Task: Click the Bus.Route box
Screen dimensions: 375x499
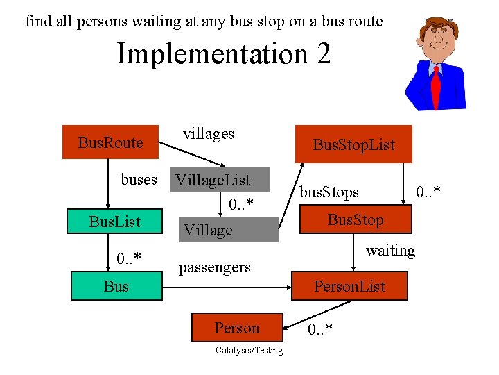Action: tap(111, 142)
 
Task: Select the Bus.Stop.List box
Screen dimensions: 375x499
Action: tap(353, 144)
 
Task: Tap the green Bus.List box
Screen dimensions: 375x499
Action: tap(114, 222)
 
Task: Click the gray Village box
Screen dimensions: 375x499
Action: tap(229, 230)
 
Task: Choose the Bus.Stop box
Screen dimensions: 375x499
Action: tap(356, 220)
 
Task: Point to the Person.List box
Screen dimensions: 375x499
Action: tap(350, 285)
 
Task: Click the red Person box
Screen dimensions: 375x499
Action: tap(237, 328)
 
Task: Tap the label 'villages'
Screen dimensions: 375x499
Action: tap(208, 133)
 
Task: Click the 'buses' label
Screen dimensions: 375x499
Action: tap(139, 180)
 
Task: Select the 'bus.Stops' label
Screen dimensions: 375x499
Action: tap(329, 191)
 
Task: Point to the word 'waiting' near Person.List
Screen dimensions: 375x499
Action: tap(390, 250)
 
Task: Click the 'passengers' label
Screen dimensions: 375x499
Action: tap(215, 267)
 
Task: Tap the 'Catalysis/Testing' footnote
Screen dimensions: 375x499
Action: tap(249, 350)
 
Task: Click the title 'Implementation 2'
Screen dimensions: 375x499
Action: tap(223, 53)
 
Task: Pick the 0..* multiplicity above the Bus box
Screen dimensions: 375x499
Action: tap(129, 260)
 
